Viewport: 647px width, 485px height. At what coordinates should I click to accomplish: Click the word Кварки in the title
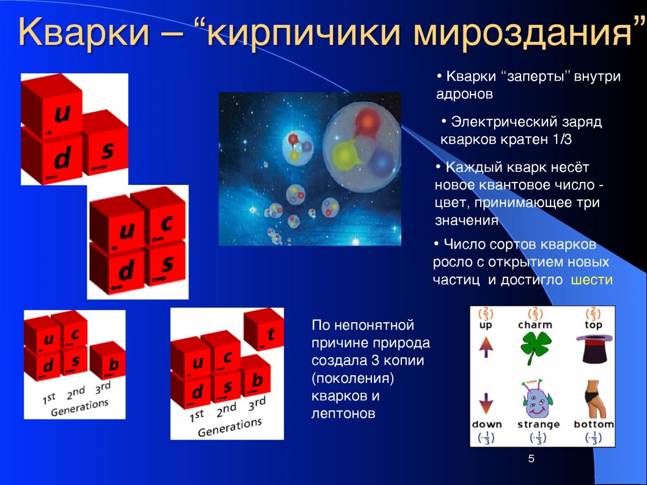point(84,32)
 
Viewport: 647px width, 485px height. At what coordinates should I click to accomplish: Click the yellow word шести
point(591,280)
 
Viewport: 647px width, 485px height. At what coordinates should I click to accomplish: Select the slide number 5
point(531,459)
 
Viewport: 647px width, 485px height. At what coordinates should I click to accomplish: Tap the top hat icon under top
point(593,349)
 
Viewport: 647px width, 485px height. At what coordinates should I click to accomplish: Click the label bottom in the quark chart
point(593,424)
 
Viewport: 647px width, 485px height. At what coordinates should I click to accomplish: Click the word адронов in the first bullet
point(464,94)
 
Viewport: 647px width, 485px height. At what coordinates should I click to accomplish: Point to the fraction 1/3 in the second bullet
point(562,139)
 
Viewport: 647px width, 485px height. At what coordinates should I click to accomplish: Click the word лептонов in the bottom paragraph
point(343,414)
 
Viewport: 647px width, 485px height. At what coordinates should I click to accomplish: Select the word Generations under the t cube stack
point(229,427)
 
